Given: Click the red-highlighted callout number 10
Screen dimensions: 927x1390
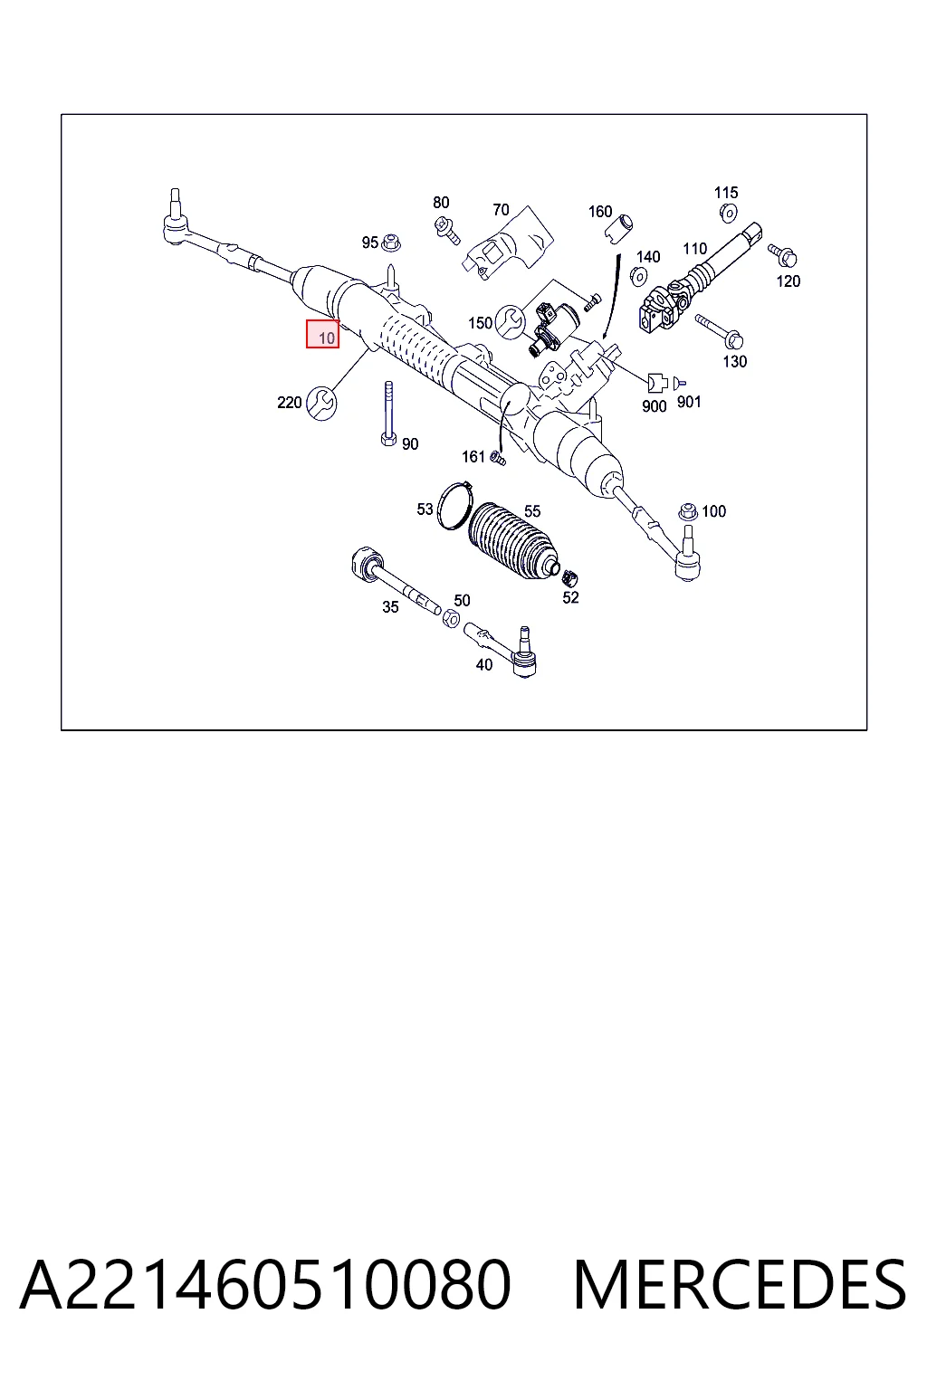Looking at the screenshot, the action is [x=322, y=334].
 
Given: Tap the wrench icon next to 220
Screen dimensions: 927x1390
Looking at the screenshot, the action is [x=321, y=403].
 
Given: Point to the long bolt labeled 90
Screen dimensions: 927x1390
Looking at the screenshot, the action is [x=388, y=414].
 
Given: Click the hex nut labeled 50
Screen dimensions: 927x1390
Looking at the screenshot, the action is [x=452, y=618].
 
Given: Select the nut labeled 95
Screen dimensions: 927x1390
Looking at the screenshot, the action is [x=390, y=243].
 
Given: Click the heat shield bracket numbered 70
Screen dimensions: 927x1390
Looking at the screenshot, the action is [x=507, y=243].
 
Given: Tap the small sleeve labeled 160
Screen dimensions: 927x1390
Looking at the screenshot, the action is [x=618, y=228].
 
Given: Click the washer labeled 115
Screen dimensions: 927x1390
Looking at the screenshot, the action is [x=728, y=213].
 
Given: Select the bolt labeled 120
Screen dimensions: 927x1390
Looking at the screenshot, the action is [x=782, y=254].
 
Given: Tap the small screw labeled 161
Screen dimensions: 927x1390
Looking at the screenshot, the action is [x=498, y=459].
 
